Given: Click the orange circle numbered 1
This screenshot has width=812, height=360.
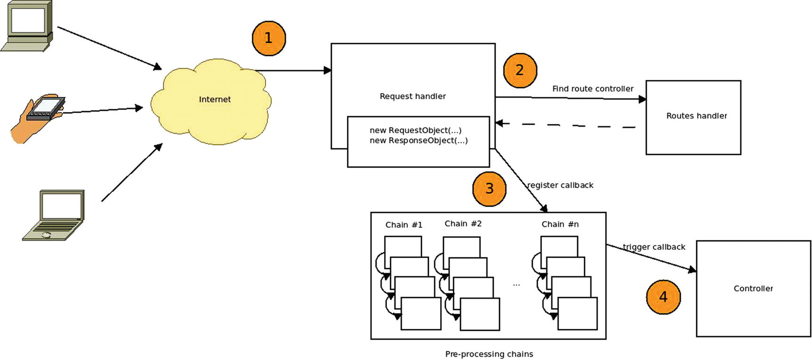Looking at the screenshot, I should [x=269, y=38].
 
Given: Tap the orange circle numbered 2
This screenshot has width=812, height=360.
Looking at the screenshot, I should [x=520, y=70].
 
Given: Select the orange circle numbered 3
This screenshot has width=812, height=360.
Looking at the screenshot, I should [x=489, y=189].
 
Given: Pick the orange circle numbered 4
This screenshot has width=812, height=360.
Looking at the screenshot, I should [x=663, y=297].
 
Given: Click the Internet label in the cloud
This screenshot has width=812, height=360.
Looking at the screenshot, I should [x=215, y=99].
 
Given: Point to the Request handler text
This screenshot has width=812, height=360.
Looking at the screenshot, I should [x=412, y=96].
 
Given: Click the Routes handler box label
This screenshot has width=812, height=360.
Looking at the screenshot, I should [x=696, y=116].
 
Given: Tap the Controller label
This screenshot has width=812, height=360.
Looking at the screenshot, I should [x=753, y=288].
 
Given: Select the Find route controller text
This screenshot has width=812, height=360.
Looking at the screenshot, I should [x=593, y=88].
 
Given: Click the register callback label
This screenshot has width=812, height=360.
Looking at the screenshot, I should [x=560, y=185].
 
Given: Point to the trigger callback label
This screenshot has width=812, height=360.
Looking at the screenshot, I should [x=654, y=247].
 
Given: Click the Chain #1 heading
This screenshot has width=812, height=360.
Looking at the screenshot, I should [x=404, y=224].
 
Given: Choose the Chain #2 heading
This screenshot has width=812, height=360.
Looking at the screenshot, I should [x=463, y=224].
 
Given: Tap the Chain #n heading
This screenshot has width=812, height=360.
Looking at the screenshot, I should [x=560, y=224].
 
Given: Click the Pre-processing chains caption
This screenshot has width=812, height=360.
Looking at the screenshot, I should [x=489, y=354].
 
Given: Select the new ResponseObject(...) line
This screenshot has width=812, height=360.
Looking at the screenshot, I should [x=418, y=140].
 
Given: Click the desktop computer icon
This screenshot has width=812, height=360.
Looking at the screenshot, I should [x=27, y=26].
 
